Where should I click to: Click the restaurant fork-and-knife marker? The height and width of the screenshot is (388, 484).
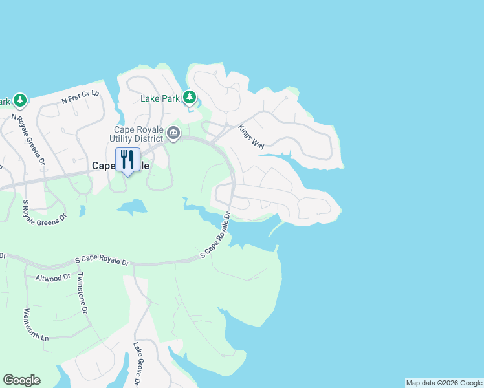coord(127,160)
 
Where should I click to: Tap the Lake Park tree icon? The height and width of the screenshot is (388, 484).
coord(189,98)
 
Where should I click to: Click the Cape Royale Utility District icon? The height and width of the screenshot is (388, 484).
coord(173,133)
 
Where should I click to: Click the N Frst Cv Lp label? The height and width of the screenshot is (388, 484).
coord(81,96)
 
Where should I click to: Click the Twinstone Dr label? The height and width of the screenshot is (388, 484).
coord(82,292)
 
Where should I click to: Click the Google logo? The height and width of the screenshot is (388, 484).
coord(21,380)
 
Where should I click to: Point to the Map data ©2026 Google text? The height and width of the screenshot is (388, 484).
coord(444,383)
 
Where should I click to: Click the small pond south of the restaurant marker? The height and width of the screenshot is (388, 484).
coord(132,207)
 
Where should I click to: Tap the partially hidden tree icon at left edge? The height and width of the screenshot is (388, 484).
coord(19,100)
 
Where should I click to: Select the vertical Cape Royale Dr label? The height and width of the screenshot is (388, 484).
coord(227,221)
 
